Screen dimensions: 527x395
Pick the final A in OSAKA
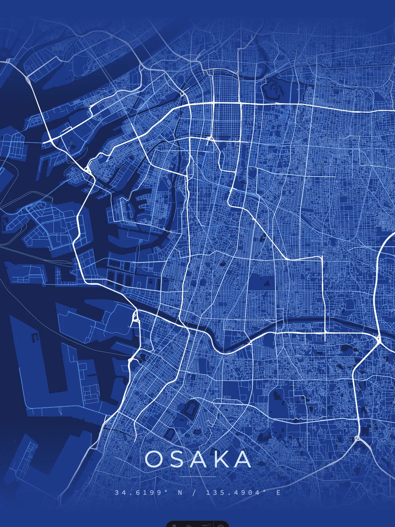click(x=243, y=459)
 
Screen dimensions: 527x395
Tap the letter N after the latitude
click(x=180, y=493)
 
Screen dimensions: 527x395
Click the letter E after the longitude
click(x=279, y=493)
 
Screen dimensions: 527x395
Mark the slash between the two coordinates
click(x=194, y=493)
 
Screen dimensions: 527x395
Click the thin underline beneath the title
click(x=197, y=477)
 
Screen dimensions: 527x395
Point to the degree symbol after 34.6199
click(x=166, y=491)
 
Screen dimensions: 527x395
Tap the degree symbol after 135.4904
click(x=265, y=491)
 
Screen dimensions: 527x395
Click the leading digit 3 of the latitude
click(x=117, y=493)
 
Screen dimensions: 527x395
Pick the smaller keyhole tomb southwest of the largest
click(x=170, y=435)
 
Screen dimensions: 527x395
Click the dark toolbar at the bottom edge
click(x=197, y=524)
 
